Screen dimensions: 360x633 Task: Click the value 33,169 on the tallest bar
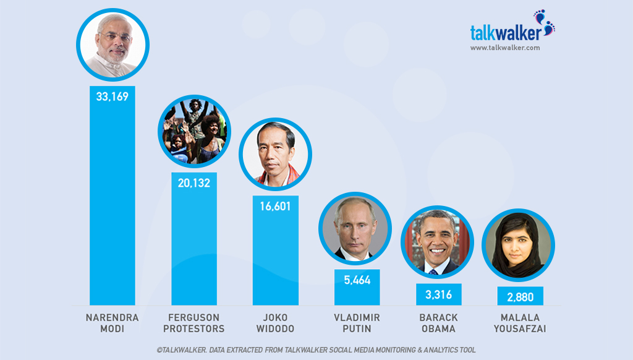[113, 96]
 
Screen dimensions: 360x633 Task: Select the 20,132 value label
[194, 183]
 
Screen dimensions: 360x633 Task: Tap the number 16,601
[275, 207]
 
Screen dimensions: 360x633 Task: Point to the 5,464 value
[357, 280]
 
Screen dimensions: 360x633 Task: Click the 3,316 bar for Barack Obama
[438, 295]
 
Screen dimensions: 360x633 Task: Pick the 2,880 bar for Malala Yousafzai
[520, 297]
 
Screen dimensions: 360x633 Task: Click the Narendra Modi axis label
[113, 323]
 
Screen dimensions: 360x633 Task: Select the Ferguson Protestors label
[194, 323]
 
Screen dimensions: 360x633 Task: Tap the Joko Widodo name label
[275, 323]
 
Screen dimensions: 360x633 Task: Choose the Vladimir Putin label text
[357, 323]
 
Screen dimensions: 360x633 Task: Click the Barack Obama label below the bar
[438, 323]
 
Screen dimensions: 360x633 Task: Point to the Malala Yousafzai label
[520, 323]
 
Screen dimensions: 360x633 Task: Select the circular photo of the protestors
[194, 131]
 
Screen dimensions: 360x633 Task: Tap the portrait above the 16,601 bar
[275, 154]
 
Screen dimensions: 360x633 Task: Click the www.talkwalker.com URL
[505, 48]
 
